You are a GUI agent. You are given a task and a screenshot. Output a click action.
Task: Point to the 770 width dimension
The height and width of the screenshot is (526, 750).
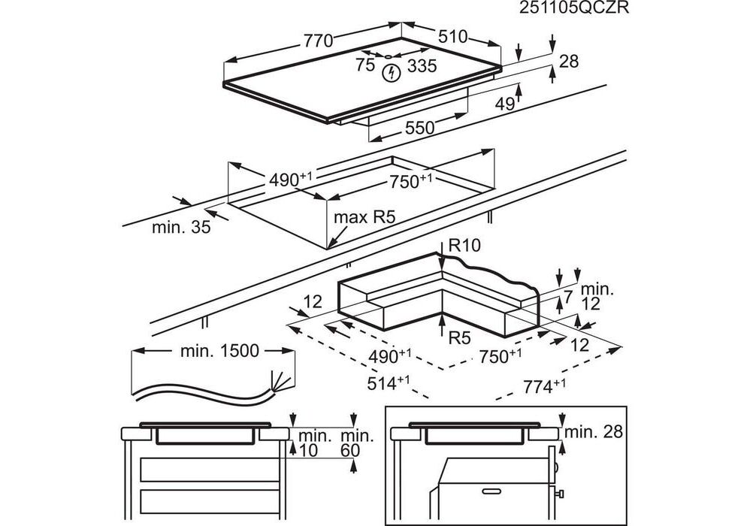[317, 41]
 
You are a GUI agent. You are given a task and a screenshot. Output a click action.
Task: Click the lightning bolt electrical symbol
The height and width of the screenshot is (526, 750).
[391, 73]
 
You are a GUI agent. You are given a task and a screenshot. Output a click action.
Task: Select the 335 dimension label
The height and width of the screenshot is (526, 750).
[422, 67]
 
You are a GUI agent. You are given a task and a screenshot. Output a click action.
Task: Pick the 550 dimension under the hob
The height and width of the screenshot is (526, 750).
[419, 128]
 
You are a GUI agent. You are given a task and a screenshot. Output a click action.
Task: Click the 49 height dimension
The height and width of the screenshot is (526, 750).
[504, 104]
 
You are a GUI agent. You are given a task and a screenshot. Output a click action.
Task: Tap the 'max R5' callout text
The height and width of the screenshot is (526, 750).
[364, 218]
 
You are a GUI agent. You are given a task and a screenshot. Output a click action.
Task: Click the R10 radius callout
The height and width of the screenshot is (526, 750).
[465, 245]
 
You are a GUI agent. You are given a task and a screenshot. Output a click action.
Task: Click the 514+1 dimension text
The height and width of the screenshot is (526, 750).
[389, 382]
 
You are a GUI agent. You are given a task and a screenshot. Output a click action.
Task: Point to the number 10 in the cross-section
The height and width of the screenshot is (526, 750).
[307, 450]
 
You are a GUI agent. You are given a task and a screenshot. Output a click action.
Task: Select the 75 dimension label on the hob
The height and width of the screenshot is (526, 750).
[365, 67]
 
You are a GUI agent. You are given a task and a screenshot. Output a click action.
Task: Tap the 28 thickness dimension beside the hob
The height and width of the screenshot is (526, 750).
[569, 62]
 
